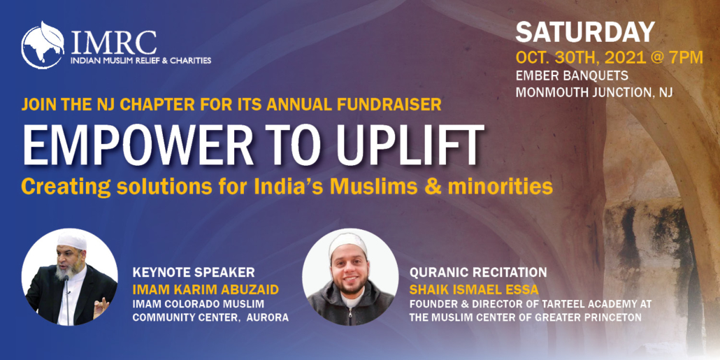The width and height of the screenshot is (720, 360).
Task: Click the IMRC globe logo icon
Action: click(x=43, y=45)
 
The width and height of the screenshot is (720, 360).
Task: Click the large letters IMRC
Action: click(x=113, y=43)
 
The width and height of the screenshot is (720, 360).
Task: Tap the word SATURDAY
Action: click(x=585, y=33)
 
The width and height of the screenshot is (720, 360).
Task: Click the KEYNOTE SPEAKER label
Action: click(x=194, y=273)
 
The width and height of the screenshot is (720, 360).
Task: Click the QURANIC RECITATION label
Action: click(x=478, y=273)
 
